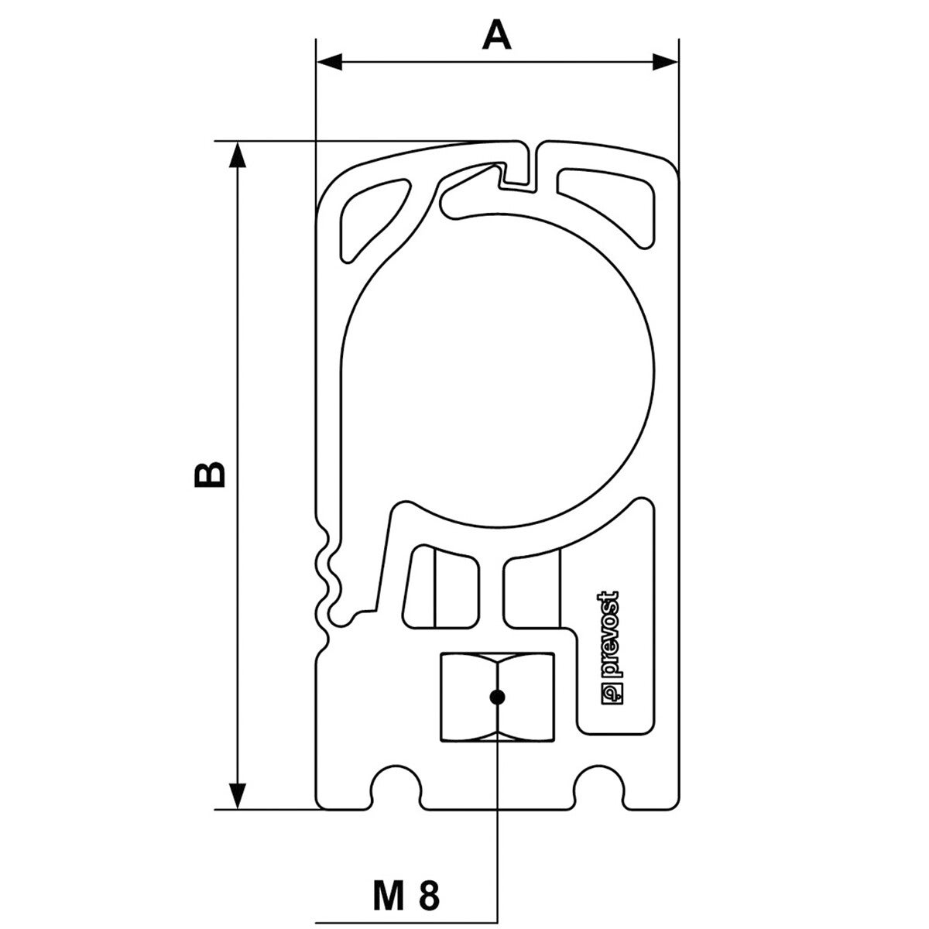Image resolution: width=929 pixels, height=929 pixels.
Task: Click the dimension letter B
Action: pos(209,475)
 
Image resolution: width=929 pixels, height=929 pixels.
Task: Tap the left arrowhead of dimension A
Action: pos(329,62)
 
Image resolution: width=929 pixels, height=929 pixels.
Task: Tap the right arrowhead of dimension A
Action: pos(665,62)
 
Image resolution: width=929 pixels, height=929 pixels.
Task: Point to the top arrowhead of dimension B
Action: pos(237,154)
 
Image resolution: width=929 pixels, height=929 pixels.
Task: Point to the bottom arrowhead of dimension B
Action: pos(237,796)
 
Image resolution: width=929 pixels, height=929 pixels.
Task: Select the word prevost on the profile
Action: pos(611,634)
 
